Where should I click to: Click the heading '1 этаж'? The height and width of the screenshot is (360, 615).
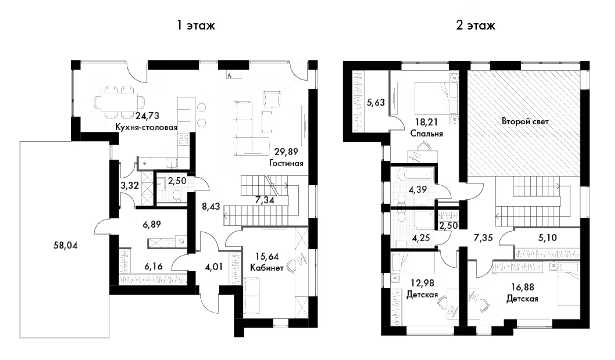pyautogui.click(x=196, y=25)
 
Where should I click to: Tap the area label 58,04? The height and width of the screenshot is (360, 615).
pyautogui.click(x=65, y=245)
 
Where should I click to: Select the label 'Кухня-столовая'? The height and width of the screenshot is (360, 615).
pyautogui.click(x=146, y=127)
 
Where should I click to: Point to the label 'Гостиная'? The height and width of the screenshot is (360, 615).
pyautogui.click(x=286, y=163)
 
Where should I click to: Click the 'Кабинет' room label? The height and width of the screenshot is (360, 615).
pyautogui.click(x=266, y=268)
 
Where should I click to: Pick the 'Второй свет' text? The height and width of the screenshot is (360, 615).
pyautogui.click(x=525, y=121)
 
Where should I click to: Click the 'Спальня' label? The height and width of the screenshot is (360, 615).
pyautogui.click(x=426, y=134)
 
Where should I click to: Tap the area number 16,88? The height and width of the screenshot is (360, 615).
pyautogui.click(x=522, y=287)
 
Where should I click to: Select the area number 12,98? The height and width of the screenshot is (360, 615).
pyautogui.click(x=422, y=283)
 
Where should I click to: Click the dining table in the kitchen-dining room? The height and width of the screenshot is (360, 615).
pyautogui.click(x=119, y=102)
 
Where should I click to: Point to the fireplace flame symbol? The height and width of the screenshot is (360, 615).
pyautogui.click(x=230, y=76)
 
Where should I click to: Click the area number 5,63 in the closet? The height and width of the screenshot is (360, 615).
pyautogui.click(x=375, y=102)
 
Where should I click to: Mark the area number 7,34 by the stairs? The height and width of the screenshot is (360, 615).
pyautogui.click(x=264, y=200)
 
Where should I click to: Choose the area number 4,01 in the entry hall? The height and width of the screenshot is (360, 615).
pyautogui.click(x=213, y=267)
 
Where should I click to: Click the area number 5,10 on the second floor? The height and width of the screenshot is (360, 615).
pyautogui.click(x=547, y=238)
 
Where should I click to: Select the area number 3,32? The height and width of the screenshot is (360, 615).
pyautogui.click(x=129, y=185)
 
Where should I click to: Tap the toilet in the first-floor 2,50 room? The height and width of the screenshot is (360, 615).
pyautogui.click(x=177, y=195)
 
